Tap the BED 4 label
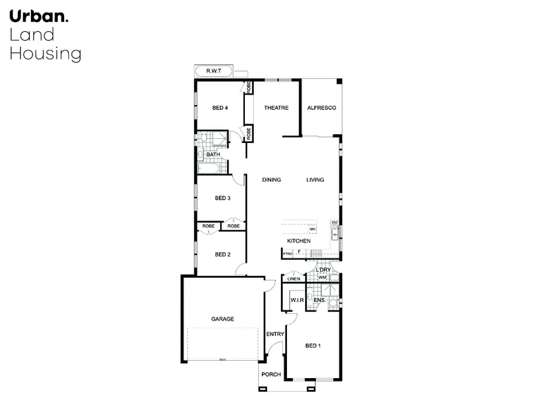click(x=220, y=109)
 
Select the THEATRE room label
click(x=275, y=109)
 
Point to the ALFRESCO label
click(x=321, y=109)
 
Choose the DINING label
click(x=271, y=180)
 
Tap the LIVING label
click(x=315, y=180)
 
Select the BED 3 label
click(x=222, y=198)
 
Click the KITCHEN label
click(x=299, y=241)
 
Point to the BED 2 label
click(x=222, y=254)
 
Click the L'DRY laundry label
click(x=324, y=270)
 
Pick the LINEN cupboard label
click(x=293, y=279)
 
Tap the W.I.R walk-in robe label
click(x=297, y=301)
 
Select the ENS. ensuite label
click(x=319, y=301)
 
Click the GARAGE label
click(x=222, y=319)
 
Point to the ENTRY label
click(x=275, y=335)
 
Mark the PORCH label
click(x=270, y=374)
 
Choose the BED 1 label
click(x=313, y=346)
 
